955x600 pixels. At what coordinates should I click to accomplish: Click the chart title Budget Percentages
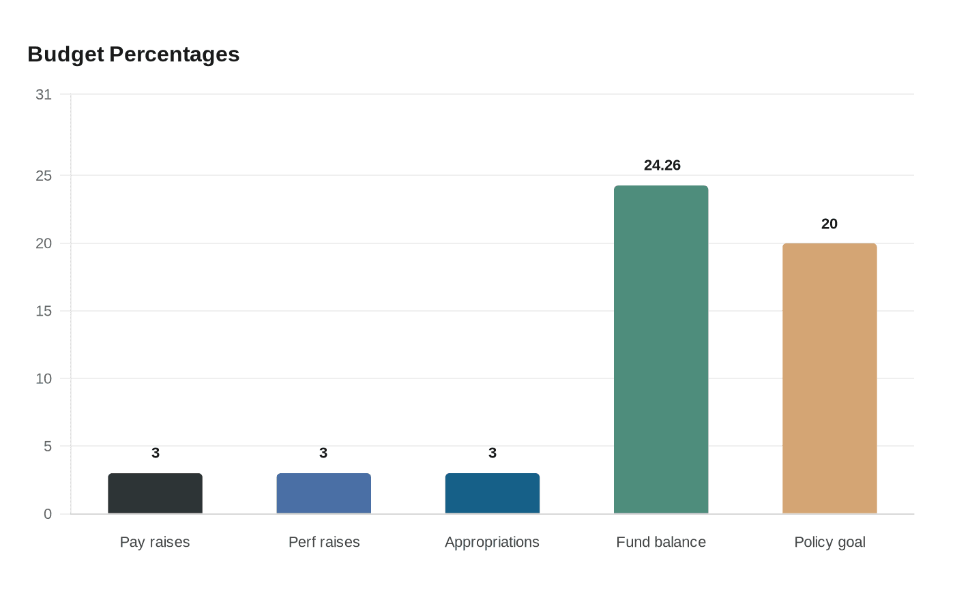coord(134,55)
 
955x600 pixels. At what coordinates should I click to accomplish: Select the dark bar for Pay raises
coord(155,494)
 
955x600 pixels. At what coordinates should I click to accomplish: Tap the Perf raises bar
coord(324,494)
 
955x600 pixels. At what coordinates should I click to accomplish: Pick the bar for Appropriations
coord(493,494)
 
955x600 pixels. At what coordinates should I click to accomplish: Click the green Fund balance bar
coord(661,350)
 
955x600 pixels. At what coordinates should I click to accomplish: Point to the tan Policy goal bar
coord(829,378)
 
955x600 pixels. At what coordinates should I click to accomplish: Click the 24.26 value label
coord(662,166)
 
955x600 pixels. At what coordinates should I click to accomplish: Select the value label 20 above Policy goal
coord(829,224)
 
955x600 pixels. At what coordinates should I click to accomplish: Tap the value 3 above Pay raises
coord(156,453)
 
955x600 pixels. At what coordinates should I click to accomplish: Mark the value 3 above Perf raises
coord(323,453)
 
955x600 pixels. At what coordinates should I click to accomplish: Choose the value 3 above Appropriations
coord(493,453)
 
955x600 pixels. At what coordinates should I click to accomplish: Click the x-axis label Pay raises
coord(155,543)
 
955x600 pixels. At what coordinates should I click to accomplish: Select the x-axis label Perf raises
coord(324,543)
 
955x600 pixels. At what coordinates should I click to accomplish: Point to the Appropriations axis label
coord(492,543)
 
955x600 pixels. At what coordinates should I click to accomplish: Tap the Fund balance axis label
coord(661,543)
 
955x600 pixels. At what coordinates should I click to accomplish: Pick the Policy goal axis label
coord(829,543)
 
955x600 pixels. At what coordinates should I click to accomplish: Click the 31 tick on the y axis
coord(44,95)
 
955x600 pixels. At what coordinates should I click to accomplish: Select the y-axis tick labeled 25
coord(44,176)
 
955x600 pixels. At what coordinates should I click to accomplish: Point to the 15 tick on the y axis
coord(44,312)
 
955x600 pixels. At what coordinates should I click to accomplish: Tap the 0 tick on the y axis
coord(48,514)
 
